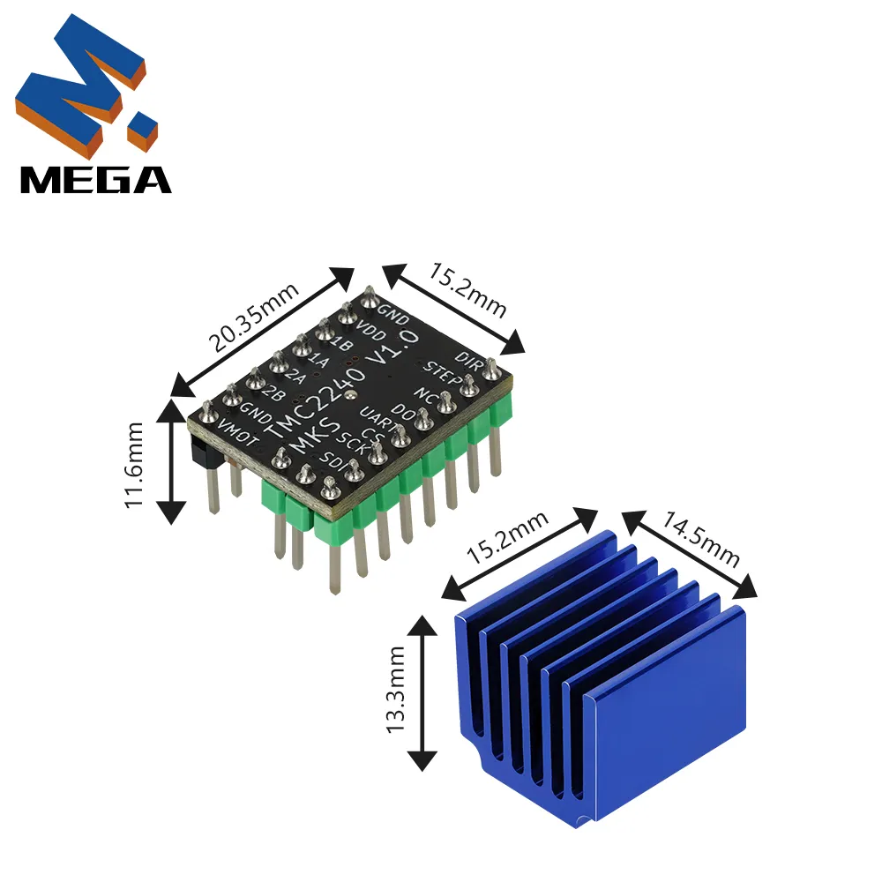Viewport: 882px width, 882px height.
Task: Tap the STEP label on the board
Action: click(x=439, y=374)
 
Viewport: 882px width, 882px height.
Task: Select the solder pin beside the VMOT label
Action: click(x=207, y=411)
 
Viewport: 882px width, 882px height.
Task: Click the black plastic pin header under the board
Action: click(x=200, y=452)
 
